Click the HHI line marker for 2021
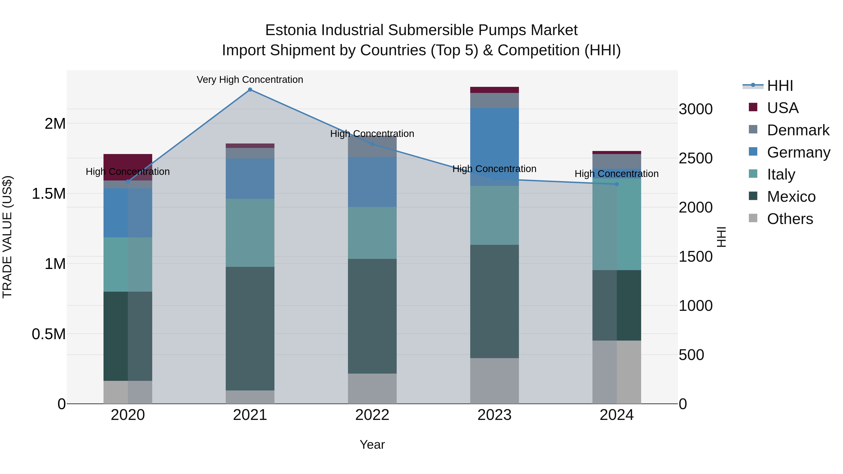pyautogui.click(x=250, y=90)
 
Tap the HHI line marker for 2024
pyautogui.click(x=617, y=184)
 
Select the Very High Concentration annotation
pyautogui.click(x=250, y=80)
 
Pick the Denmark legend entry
pyautogui.click(x=798, y=130)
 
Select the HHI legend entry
pyautogui.click(x=780, y=86)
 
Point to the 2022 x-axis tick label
pyautogui.click(x=372, y=415)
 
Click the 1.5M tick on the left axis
pyautogui.click(x=48, y=194)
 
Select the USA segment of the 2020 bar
pyautogui.click(x=128, y=167)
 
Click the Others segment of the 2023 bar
pyautogui.click(x=495, y=381)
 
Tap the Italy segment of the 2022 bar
pyautogui.click(x=372, y=233)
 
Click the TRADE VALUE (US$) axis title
pyautogui.click(x=7, y=237)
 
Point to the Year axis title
pyautogui.click(x=372, y=445)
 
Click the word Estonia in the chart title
pyautogui.click(x=291, y=30)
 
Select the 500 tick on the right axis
pyautogui.click(x=691, y=355)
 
